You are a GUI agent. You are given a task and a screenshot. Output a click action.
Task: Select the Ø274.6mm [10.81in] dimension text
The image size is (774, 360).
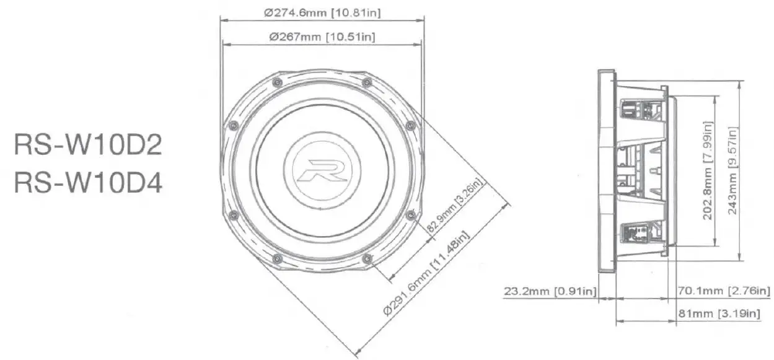click(x=322, y=12)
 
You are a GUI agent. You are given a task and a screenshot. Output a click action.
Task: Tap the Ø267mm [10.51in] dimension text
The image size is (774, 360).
click(x=322, y=37)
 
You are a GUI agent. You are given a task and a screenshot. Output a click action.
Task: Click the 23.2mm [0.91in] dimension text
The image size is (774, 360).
click(x=549, y=291)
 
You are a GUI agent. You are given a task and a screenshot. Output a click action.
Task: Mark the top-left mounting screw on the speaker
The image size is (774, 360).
click(x=276, y=82)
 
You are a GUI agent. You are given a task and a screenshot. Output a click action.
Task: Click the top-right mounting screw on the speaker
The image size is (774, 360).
click(x=367, y=82)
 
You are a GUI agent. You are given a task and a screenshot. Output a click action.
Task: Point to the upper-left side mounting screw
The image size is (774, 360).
click(x=233, y=125)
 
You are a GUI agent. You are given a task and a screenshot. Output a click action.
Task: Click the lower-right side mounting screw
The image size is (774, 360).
click(x=410, y=214)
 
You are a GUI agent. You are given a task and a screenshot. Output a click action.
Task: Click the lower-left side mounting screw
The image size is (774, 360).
click(x=233, y=214)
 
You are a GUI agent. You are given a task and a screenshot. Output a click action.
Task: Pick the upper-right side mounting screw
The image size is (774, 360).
click(x=410, y=125)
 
